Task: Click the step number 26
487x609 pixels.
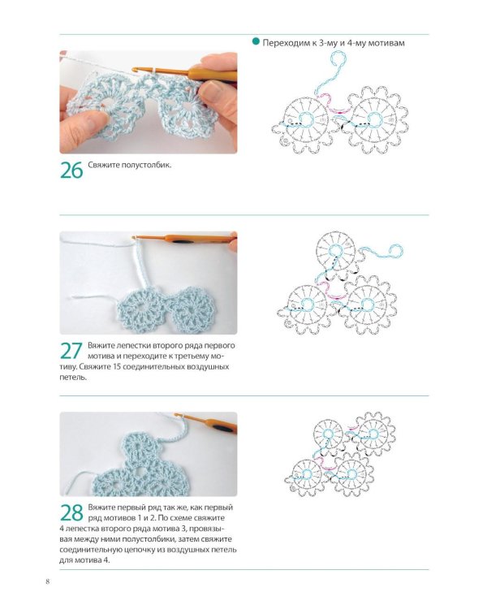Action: [71, 171]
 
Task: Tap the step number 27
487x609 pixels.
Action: [71, 351]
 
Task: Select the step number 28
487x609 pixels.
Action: [71, 512]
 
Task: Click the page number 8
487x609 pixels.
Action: [48, 581]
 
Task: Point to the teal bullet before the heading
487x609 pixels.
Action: [256, 41]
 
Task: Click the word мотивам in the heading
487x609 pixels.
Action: [386, 43]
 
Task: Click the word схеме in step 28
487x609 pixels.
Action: [183, 518]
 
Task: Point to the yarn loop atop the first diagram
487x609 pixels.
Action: [338, 60]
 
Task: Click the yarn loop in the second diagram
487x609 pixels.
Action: [394, 251]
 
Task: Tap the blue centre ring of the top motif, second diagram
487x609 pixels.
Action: [335, 251]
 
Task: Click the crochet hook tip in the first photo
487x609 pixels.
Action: [135, 70]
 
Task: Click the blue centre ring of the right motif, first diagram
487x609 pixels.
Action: [375, 119]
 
